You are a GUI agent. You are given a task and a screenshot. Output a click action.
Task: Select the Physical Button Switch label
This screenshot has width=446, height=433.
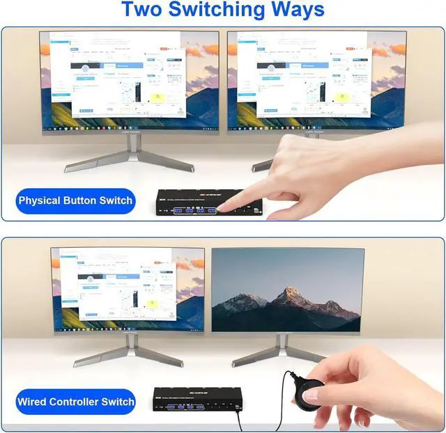[75, 200]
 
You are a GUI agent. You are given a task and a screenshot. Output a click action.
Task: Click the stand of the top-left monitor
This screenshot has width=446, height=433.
[130, 156]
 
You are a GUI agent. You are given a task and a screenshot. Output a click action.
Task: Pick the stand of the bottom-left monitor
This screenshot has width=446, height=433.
[128, 352]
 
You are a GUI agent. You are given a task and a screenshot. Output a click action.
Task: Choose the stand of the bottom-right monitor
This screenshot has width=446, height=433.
[282, 352]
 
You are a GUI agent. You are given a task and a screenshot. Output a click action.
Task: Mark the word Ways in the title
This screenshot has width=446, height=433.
[293, 10]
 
